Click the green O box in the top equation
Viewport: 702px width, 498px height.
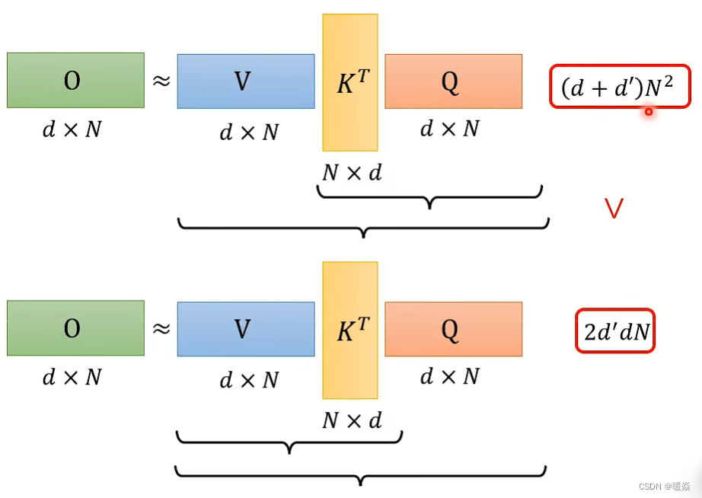tap(75, 80)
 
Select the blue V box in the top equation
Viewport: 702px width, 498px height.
tap(245, 81)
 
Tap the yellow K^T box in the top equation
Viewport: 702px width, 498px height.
tap(350, 82)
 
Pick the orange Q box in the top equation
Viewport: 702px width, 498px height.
tap(453, 81)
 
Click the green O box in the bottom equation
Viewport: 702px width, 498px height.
tap(75, 327)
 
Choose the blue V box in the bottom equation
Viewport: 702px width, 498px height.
tap(245, 329)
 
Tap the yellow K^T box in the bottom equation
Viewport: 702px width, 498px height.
tap(350, 330)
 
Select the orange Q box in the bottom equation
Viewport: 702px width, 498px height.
tap(453, 329)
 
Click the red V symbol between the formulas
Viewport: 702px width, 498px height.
tap(614, 207)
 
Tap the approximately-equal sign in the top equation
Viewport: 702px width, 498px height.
tap(161, 80)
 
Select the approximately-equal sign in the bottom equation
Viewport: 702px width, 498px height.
tap(161, 328)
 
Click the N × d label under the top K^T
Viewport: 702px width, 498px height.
tap(352, 173)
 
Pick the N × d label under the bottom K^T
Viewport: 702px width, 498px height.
tap(352, 420)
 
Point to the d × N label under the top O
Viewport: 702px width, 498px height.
tap(72, 129)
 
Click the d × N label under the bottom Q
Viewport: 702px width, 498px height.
tap(450, 376)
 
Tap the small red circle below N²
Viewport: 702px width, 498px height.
tap(649, 112)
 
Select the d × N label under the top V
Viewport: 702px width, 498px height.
tap(249, 132)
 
